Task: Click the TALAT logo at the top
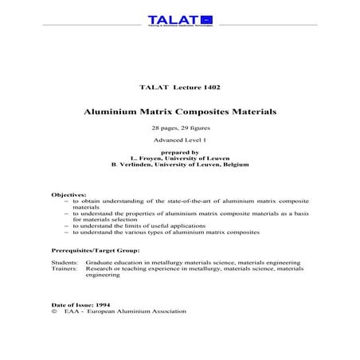pos(179,20)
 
